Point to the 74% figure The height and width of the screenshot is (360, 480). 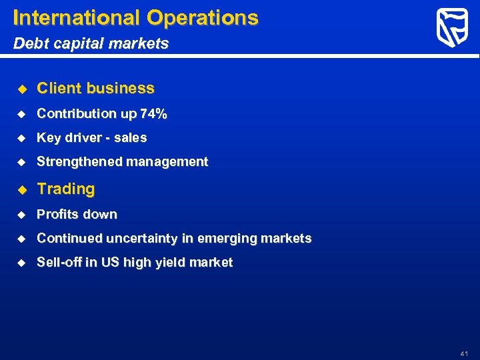coord(153,114)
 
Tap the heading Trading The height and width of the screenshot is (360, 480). coord(66,189)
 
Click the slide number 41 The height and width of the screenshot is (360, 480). coord(464,353)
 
